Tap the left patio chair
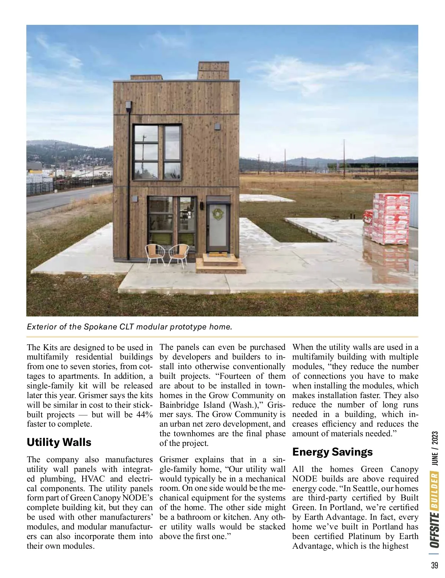155,254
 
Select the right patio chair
179,254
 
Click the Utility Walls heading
59,442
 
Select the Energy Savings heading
332,452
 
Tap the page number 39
435,565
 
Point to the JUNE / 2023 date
435,449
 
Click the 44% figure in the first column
144,414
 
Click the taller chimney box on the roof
213,70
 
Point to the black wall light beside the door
202,206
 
